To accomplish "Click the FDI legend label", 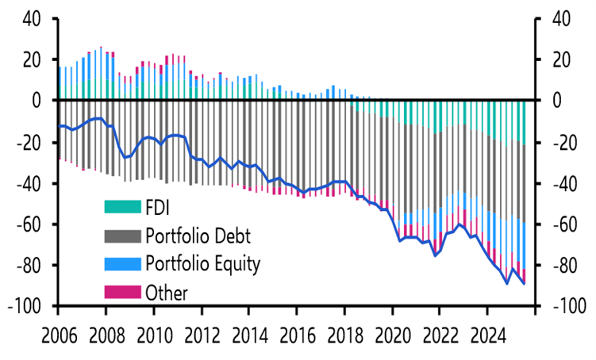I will click(x=158, y=207).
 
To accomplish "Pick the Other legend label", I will click(x=167, y=293).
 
